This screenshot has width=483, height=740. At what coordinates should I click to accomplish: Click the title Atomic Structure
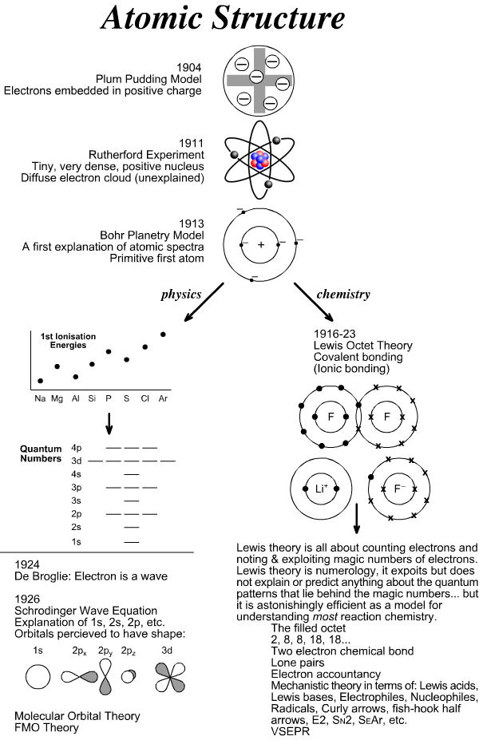(x=241, y=19)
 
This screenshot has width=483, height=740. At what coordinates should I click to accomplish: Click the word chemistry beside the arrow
(x=343, y=294)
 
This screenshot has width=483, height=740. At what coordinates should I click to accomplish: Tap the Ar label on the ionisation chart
(x=163, y=397)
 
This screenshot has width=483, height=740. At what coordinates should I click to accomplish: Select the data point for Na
(x=41, y=381)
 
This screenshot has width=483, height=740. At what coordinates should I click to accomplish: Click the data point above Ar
(x=163, y=334)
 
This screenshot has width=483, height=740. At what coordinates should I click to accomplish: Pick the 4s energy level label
(x=77, y=473)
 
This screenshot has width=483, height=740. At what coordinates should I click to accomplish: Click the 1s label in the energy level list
(x=77, y=542)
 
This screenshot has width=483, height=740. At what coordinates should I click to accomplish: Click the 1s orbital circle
(x=38, y=678)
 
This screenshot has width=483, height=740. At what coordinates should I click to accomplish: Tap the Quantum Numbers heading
(x=41, y=453)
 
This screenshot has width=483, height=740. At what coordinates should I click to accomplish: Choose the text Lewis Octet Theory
(x=363, y=345)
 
